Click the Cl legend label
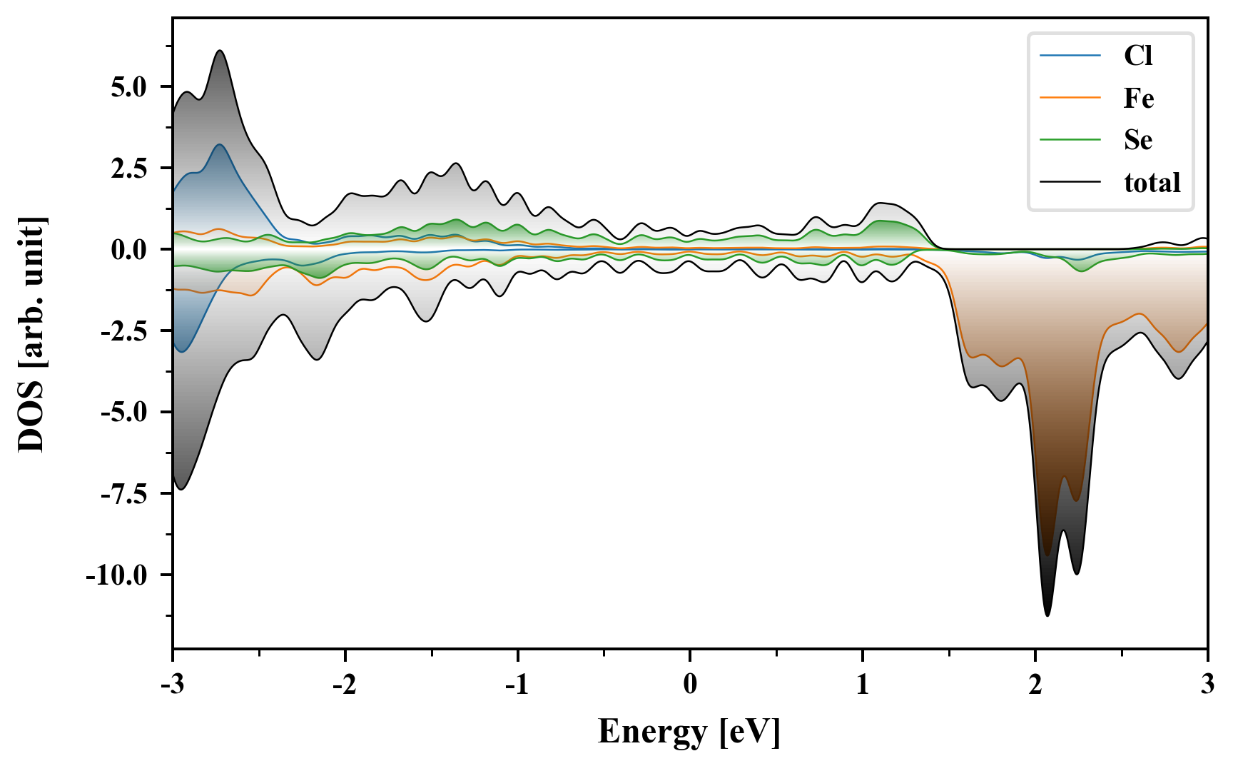pyautogui.click(x=1138, y=56)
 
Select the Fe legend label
pyautogui.click(x=1139, y=98)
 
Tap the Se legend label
pyautogui.click(x=1138, y=140)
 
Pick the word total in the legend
pyautogui.click(x=1152, y=183)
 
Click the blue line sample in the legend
pyautogui.click(x=1070, y=56)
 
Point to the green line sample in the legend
pyautogui.click(x=1070, y=140)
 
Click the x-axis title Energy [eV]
pyautogui.click(x=689, y=731)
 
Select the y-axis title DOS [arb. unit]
pyautogui.click(x=31, y=333)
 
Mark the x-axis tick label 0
pyautogui.click(x=690, y=685)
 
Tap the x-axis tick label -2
pyautogui.click(x=345, y=685)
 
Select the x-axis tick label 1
pyautogui.click(x=863, y=685)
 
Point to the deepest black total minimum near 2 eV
pyautogui.click(x=1047, y=615)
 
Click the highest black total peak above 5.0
pyautogui.click(x=220, y=51)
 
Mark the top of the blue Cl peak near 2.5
pyautogui.click(x=220, y=145)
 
